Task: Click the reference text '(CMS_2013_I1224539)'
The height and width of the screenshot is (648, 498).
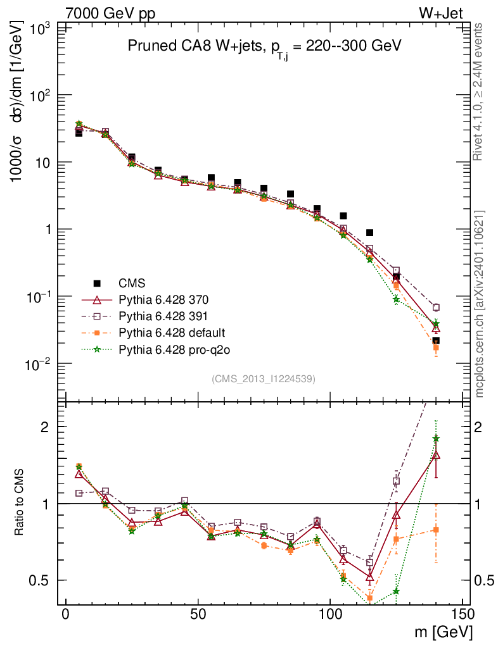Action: coord(264,378)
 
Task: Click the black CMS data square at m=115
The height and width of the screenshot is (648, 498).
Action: coord(369,233)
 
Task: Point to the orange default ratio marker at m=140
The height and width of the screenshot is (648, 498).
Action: coord(436,530)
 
